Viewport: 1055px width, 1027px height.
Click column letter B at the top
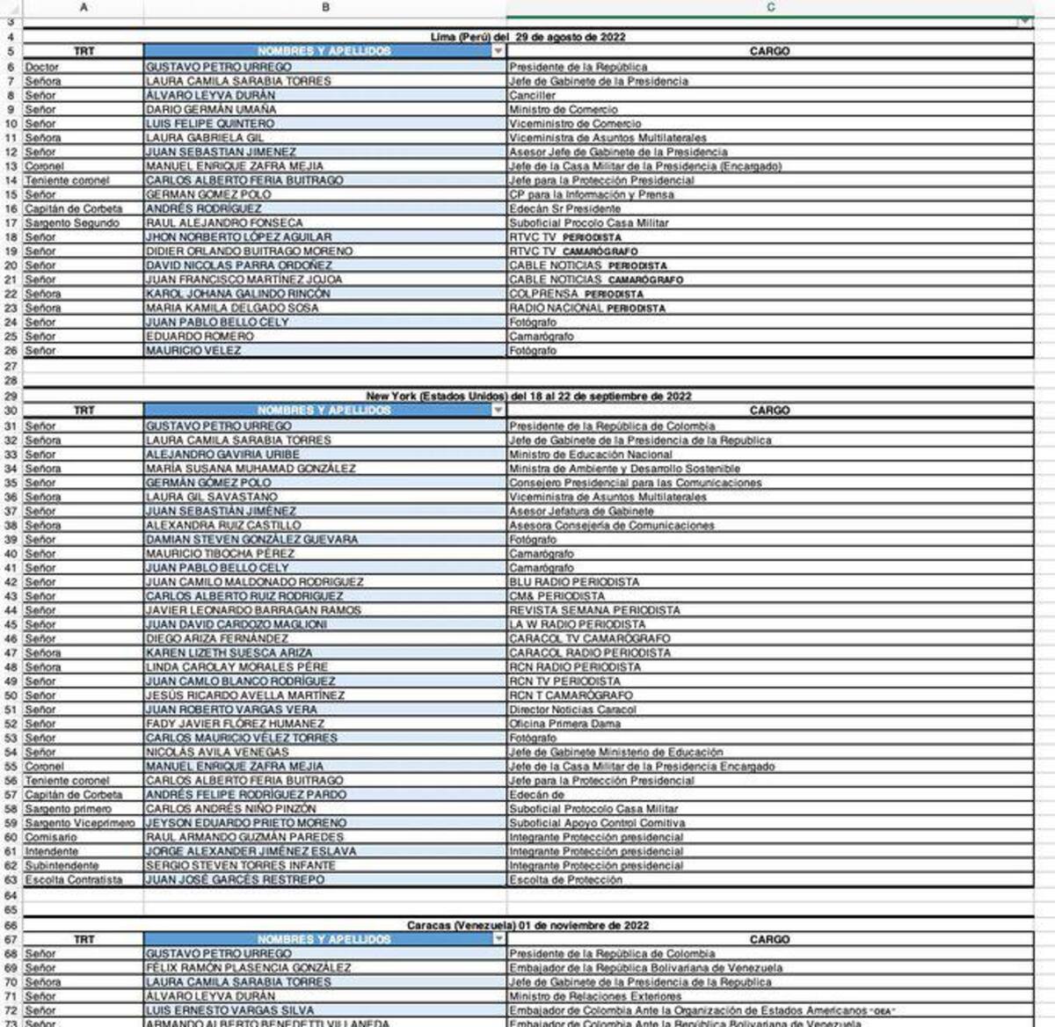(x=325, y=7)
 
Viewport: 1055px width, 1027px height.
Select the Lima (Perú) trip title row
(x=527, y=37)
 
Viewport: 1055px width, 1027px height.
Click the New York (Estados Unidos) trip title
(x=528, y=396)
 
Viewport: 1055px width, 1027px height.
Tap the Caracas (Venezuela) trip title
(x=527, y=925)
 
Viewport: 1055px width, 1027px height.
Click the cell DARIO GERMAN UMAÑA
(x=211, y=109)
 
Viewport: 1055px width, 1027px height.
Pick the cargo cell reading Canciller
(x=533, y=95)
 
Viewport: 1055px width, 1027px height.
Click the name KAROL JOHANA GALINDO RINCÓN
(x=238, y=294)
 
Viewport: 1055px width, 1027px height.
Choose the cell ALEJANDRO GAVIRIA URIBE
(x=222, y=455)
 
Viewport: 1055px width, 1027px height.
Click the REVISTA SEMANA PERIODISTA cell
(x=594, y=610)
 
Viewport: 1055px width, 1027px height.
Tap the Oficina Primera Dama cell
(x=564, y=724)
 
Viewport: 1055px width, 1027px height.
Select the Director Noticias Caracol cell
(x=572, y=710)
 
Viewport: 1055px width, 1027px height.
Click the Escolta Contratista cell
(x=74, y=879)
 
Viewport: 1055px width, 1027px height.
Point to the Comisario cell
(x=51, y=837)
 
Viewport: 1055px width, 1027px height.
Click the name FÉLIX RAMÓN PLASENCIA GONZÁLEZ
(x=249, y=967)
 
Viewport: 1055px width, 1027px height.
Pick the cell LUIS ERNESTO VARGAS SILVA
(x=230, y=1010)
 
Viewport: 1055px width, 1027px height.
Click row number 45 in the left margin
(x=11, y=624)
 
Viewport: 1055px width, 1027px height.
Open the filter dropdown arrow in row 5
(x=498, y=51)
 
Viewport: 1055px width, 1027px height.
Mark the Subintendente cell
(x=62, y=865)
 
